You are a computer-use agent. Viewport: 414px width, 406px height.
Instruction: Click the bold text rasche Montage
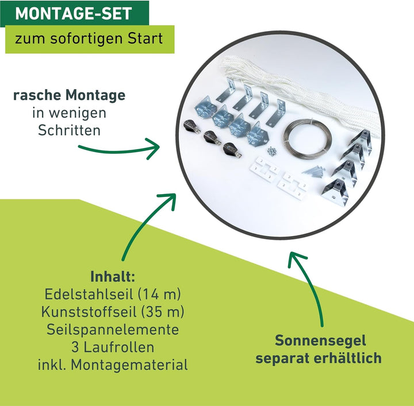click(x=69, y=95)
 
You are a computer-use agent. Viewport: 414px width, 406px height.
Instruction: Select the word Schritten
click(x=69, y=130)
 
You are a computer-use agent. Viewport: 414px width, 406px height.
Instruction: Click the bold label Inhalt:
click(x=113, y=277)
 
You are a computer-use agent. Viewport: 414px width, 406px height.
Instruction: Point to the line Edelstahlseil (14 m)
click(x=113, y=295)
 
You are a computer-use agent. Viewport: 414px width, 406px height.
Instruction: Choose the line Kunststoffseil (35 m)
click(x=113, y=312)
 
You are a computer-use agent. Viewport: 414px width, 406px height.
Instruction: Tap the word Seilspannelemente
click(x=113, y=330)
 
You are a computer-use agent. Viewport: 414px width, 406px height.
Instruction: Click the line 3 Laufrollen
click(x=113, y=347)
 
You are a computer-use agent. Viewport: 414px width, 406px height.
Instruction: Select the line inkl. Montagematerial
click(x=113, y=365)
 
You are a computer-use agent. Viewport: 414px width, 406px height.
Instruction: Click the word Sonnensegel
click(x=320, y=341)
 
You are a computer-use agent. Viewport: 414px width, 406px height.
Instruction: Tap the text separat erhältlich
click(x=319, y=358)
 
